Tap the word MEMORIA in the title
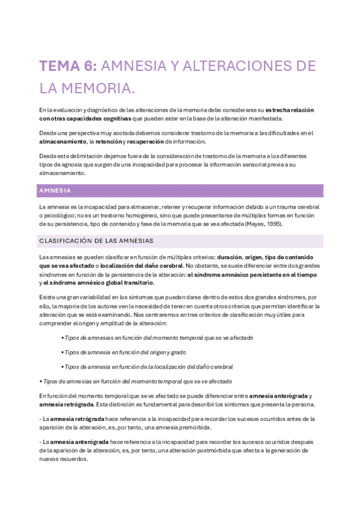pyautogui.click(x=93, y=88)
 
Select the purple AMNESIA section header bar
pyautogui.click(x=180, y=191)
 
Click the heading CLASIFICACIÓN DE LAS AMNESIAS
pyautogui.click(x=96, y=241)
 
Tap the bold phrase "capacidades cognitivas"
pyautogui.click(x=98, y=118)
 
